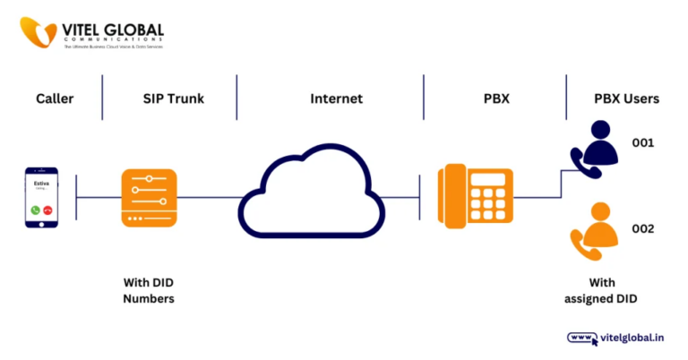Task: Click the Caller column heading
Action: coord(54,99)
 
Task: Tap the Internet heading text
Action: coord(336,99)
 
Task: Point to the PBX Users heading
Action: coord(626,99)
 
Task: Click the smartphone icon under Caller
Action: coord(41,197)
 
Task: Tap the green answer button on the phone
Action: coord(35,210)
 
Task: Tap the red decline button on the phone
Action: coord(47,210)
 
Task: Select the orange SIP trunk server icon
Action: coord(149,197)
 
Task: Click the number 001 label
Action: coord(643,143)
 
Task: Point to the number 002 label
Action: coord(643,229)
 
